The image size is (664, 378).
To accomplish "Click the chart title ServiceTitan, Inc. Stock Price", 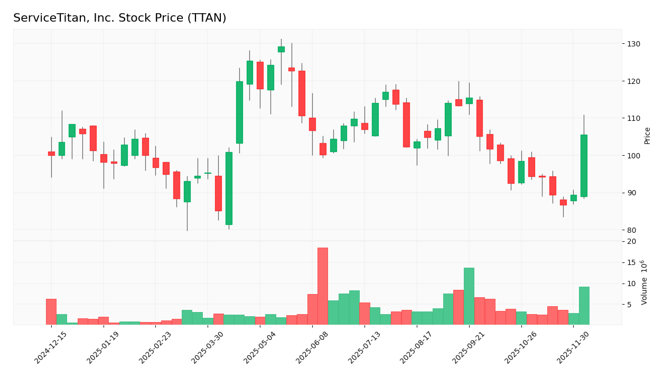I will (x=119, y=18).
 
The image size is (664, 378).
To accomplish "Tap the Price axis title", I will (x=648, y=136).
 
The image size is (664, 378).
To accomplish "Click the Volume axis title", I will (x=644, y=282).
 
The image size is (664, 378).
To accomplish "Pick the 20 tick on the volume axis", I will (x=631, y=242).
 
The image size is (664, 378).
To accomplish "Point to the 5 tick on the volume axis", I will (x=629, y=305).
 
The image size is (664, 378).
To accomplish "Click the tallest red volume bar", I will (x=323, y=286).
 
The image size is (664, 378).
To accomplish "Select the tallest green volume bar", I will (x=469, y=296).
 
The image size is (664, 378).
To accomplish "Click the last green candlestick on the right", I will (x=584, y=166).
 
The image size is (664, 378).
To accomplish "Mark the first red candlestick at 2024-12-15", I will (x=51, y=154).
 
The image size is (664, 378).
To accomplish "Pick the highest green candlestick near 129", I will (x=281, y=49).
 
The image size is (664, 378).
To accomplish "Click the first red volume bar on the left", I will (x=51, y=311).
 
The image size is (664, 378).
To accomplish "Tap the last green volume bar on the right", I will (x=584, y=306).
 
